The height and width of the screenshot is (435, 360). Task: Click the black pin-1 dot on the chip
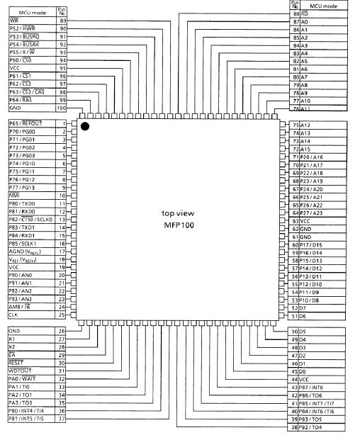coord(85,126)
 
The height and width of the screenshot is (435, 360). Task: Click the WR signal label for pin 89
coord(13,21)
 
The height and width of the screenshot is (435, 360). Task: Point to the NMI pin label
coord(13,195)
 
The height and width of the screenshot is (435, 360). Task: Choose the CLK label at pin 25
coord(14,315)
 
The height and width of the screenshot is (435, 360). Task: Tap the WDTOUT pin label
coord(19,371)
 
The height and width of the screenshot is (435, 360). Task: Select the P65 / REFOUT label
coord(26,123)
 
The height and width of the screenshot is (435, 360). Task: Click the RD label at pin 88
coord(305,13)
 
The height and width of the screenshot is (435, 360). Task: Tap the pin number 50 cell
coord(295,331)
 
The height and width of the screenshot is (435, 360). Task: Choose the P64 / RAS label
coord(22,100)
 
